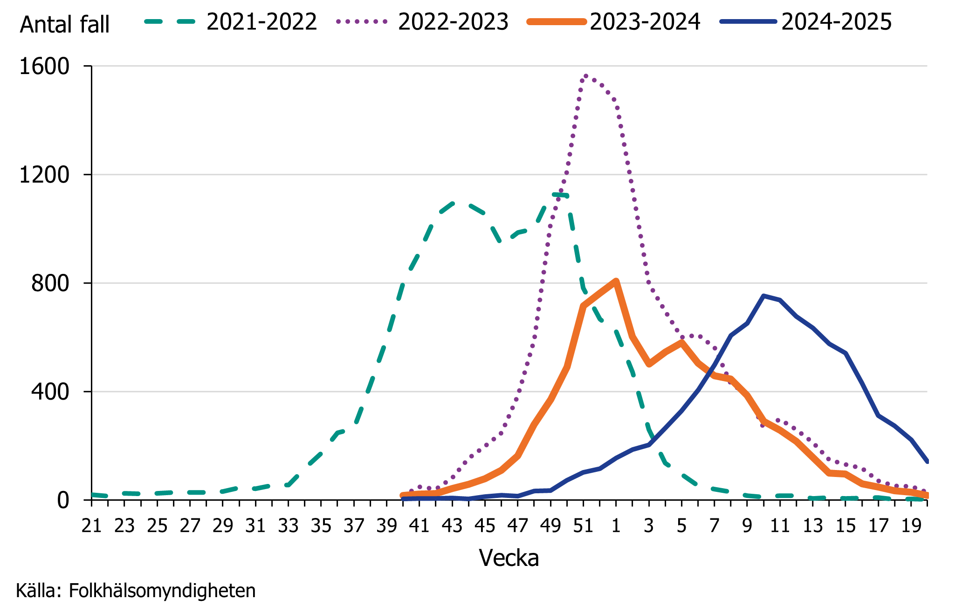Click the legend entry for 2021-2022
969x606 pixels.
coord(261,22)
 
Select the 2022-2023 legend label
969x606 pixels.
coord(453,22)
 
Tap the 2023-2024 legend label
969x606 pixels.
coord(645,22)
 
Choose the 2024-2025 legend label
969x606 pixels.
coord(836,22)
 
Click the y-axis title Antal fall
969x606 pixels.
coord(65,24)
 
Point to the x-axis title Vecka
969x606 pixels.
coord(509,558)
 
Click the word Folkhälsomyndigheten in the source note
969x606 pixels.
coord(162,591)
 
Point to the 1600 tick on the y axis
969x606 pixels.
coord(44,66)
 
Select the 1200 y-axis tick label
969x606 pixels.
coord(44,175)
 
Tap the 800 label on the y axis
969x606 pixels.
coord(50,283)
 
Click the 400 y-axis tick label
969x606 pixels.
coord(50,391)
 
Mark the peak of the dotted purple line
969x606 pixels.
coord(585,75)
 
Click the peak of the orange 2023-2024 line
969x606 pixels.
coord(616,281)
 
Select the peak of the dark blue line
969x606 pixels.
coord(763,296)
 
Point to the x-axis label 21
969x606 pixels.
coord(91,526)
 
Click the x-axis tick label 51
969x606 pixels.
coord(583,526)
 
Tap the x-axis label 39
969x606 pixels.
coord(386,526)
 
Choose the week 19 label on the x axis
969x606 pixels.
coord(911,526)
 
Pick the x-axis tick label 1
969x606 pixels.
coord(616,526)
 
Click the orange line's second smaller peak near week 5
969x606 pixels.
coord(681,342)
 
